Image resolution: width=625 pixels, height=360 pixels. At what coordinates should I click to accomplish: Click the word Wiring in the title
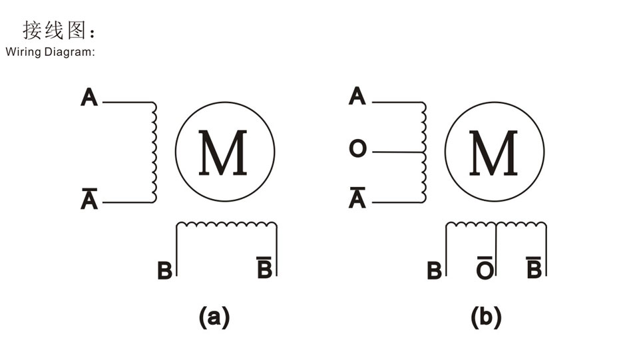click(23, 52)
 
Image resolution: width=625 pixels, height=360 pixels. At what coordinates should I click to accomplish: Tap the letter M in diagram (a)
click(223, 152)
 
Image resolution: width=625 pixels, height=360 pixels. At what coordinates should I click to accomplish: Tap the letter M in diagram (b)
click(493, 152)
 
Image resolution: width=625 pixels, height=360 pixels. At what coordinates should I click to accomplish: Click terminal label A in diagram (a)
click(89, 97)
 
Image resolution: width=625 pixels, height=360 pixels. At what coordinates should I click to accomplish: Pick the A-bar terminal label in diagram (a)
click(89, 198)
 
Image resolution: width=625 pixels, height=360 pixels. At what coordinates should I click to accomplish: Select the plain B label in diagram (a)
click(164, 270)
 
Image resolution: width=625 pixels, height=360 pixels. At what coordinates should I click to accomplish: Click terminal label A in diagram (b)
click(357, 96)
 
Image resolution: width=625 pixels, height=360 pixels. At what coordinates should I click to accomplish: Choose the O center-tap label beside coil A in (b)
click(357, 148)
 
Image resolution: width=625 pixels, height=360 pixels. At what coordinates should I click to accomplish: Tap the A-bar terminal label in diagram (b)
click(357, 198)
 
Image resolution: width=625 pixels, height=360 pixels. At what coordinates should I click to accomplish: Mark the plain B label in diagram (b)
click(434, 270)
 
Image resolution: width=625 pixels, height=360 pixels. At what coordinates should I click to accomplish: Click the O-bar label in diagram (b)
click(485, 268)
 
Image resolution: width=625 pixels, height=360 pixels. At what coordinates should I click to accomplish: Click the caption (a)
click(214, 317)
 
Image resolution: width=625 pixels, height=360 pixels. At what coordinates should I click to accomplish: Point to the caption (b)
click(486, 317)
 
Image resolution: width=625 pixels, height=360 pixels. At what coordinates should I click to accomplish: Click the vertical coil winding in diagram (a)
click(154, 152)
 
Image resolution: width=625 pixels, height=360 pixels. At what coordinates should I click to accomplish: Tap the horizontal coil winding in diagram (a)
click(227, 225)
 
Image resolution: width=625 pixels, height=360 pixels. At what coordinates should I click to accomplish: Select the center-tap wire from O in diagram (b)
click(398, 152)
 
